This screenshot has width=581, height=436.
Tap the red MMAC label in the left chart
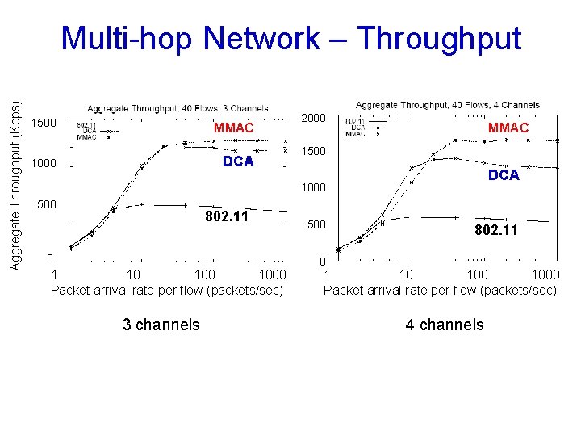click(233, 128)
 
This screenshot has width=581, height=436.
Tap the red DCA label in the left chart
click(238, 161)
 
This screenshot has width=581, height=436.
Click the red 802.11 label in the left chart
click(227, 216)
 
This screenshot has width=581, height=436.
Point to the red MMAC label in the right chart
click(508, 128)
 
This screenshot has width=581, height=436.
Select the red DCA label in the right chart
click(504, 175)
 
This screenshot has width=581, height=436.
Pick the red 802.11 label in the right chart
click(496, 231)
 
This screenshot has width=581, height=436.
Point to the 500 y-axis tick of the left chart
click(47, 204)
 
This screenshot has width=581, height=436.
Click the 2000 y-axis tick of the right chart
click(313, 118)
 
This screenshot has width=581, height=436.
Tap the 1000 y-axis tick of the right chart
click(313, 187)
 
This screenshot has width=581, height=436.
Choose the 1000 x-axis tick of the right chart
click(545, 275)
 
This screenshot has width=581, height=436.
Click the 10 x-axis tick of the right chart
click(407, 275)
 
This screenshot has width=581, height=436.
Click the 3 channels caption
click(161, 325)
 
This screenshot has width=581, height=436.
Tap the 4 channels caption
click(445, 325)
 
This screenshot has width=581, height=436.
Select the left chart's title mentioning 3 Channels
click(178, 108)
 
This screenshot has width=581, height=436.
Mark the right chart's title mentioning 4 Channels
click(447, 105)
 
